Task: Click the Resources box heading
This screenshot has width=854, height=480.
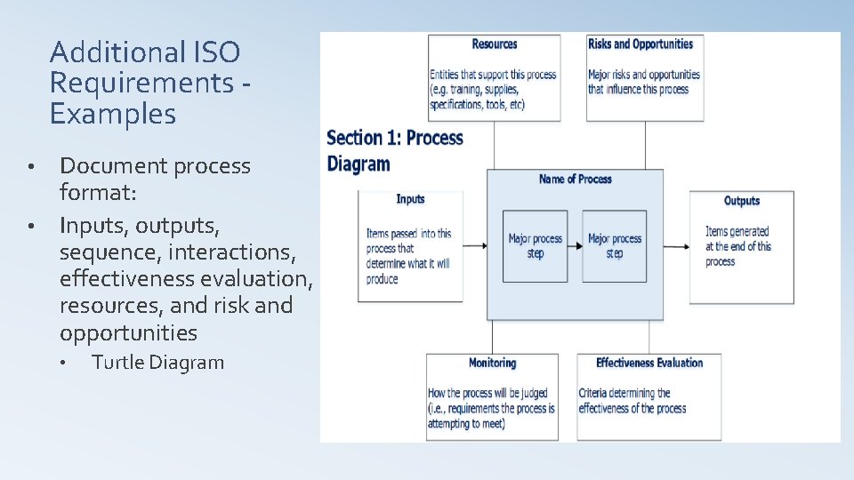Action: click(495, 44)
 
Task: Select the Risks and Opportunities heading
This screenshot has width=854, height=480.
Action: click(640, 44)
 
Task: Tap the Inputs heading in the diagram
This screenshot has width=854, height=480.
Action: click(410, 199)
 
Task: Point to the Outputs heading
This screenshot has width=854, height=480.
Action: click(741, 201)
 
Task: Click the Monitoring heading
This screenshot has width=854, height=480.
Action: click(492, 363)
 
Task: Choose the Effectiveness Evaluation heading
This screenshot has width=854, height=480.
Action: click(649, 363)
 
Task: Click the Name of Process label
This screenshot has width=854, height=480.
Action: click(576, 180)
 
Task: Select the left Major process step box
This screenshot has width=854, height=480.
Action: click(535, 246)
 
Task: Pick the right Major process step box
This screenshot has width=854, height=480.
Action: click(614, 246)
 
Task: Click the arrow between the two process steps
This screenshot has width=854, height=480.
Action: click(575, 246)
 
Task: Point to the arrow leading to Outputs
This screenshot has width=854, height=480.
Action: click(676, 246)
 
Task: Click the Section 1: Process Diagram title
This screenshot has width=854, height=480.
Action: click(395, 150)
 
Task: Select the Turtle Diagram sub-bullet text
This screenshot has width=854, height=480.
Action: click(158, 363)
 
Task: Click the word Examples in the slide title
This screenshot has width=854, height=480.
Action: click(113, 114)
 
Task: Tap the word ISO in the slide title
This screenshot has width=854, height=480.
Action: click(216, 52)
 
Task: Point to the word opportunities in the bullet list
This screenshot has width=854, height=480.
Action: click(128, 333)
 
